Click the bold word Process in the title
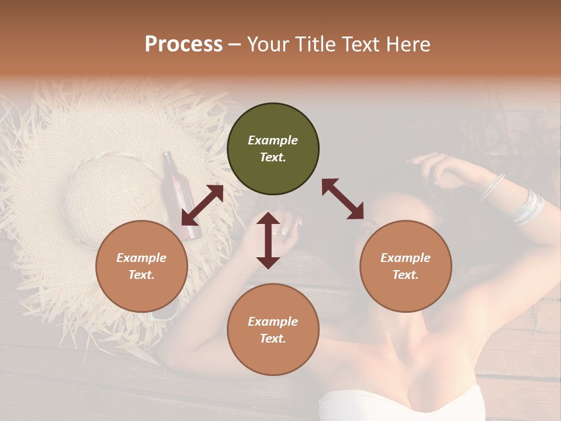(183, 44)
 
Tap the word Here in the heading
(407, 44)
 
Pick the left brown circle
(141, 266)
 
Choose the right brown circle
(406, 266)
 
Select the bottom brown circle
(273, 330)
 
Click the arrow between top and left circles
(202, 205)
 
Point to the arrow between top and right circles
(342, 199)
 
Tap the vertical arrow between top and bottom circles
(268, 240)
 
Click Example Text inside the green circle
(273, 149)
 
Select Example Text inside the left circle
(141, 266)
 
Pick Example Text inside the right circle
(406, 266)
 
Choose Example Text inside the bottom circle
(273, 330)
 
